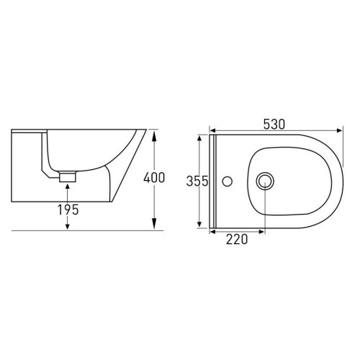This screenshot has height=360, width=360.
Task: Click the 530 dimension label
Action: (274, 125)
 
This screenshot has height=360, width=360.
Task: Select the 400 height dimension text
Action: (154, 178)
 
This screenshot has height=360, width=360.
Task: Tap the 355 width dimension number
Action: (197, 181)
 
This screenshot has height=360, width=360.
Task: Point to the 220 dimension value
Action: (237, 239)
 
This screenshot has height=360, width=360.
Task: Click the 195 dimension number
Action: (68, 210)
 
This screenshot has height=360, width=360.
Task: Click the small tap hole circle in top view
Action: (227, 181)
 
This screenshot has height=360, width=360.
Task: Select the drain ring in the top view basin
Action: (265, 181)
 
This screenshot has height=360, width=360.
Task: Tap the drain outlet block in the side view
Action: (68, 176)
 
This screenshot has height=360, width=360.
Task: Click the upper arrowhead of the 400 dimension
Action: (154, 135)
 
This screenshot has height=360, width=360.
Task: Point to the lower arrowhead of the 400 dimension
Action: (154, 224)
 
